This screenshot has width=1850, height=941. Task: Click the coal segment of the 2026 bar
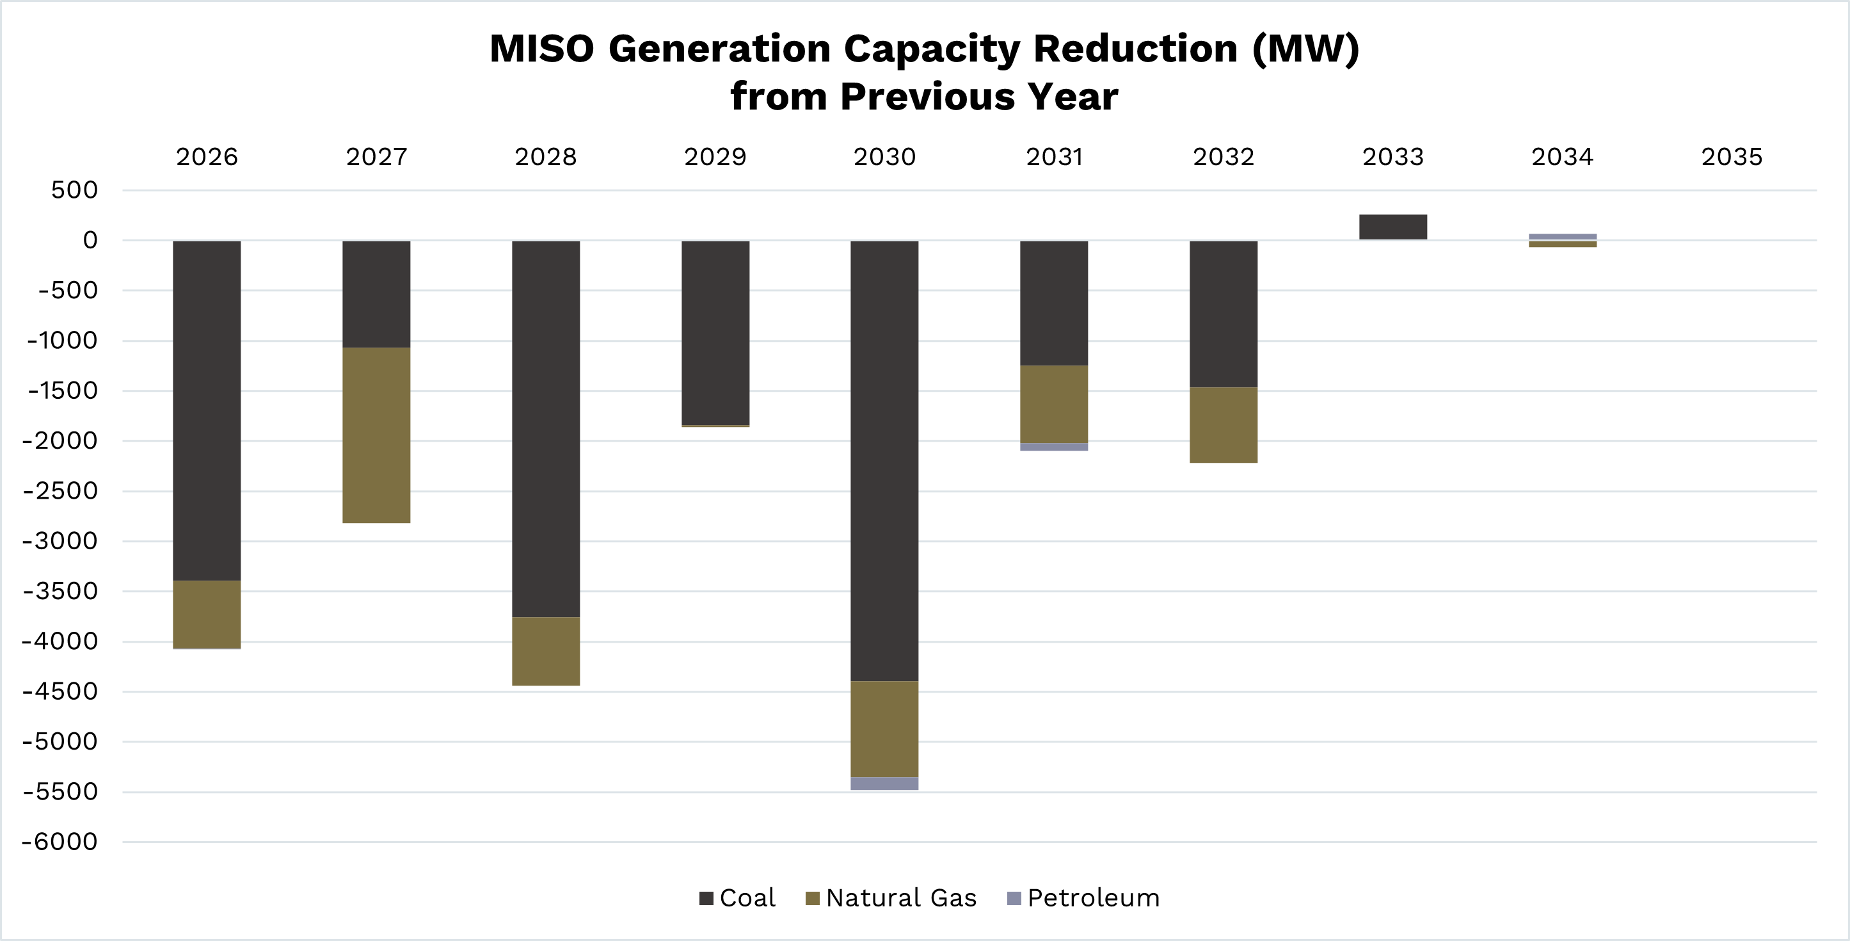[207, 410]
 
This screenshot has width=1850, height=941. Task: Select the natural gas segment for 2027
[376, 435]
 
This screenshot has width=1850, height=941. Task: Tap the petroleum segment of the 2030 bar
[884, 783]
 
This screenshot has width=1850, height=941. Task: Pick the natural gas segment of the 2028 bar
[546, 651]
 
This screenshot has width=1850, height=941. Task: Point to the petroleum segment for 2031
[1053, 447]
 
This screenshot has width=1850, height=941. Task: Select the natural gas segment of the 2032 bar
[1223, 424]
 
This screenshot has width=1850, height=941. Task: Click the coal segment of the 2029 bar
[715, 332]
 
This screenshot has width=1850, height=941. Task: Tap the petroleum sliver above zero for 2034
[1562, 236]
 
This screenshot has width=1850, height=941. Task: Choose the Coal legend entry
[738, 898]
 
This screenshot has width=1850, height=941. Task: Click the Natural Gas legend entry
[891, 898]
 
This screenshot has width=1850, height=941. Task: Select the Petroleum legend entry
[1084, 898]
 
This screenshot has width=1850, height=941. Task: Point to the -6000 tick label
[60, 841]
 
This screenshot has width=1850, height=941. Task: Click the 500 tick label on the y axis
[74, 190]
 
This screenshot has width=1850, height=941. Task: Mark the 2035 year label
[1732, 157]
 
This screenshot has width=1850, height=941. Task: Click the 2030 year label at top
[884, 157]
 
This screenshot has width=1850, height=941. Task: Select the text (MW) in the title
[1305, 49]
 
